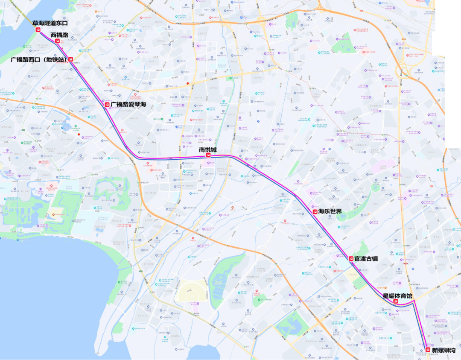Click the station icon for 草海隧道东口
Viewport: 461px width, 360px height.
(38, 30)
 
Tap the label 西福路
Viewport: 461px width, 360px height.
(59, 35)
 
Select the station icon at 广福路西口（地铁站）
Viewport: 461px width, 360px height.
(71, 60)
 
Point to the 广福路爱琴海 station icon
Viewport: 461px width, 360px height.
(107, 104)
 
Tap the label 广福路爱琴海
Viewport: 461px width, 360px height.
(128, 104)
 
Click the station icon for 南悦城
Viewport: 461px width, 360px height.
(208, 156)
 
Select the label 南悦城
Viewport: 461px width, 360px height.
(208, 149)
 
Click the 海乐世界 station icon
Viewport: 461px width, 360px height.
(315, 211)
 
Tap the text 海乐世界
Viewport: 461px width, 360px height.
(330, 211)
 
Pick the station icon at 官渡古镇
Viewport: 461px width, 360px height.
(351, 258)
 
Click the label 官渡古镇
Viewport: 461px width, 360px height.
(366, 259)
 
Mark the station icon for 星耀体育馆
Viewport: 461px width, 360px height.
(396, 301)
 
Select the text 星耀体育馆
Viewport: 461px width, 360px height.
(397, 296)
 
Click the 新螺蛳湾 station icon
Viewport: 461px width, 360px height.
(428, 350)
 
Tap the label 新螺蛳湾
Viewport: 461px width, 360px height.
(444, 350)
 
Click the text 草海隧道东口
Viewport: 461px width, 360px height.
(50, 23)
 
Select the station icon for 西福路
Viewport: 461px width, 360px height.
(57, 41)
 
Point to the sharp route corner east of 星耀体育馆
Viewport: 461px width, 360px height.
(414, 301)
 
